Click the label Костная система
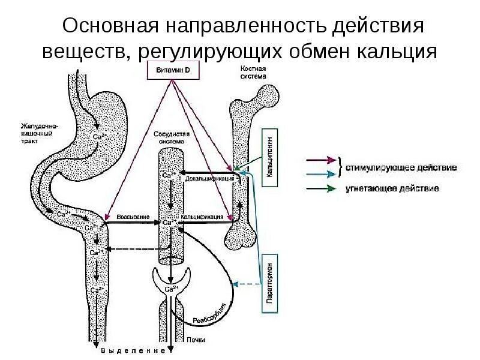point(246,73)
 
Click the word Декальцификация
point(206,178)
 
